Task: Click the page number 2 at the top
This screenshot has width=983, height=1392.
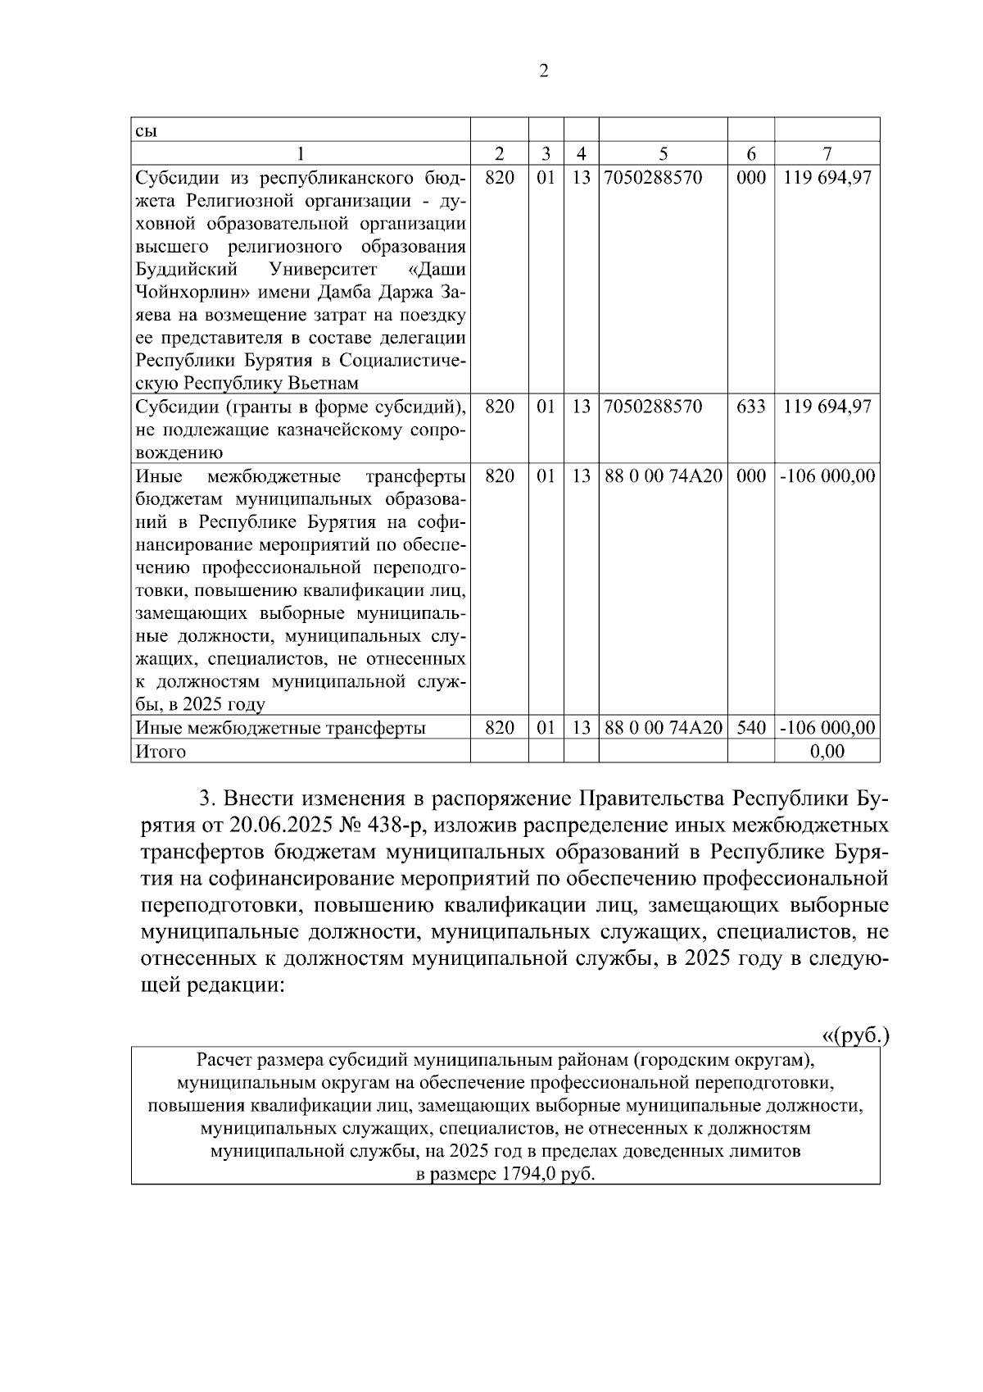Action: pyautogui.click(x=544, y=71)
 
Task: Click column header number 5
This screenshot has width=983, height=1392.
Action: pyautogui.click(x=664, y=153)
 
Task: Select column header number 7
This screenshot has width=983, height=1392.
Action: pyautogui.click(x=827, y=153)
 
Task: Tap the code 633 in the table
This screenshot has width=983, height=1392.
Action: pyautogui.click(x=751, y=407)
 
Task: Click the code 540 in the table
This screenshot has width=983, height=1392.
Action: pyautogui.click(x=751, y=727)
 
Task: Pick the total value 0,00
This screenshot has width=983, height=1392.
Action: pyautogui.click(x=827, y=751)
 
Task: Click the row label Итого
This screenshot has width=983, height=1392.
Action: pyautogui.click(x=161, y=751)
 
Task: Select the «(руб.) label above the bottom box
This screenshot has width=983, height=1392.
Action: pyautogui.click(x=855, y=1035)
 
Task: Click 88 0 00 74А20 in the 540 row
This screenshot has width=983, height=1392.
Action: pyautogui.click(x=664, y=727)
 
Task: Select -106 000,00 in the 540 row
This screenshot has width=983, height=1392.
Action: pyautogui.click(x=827, y=727)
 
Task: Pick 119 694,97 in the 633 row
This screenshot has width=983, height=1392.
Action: pyautogui.click(x=827, y=407)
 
